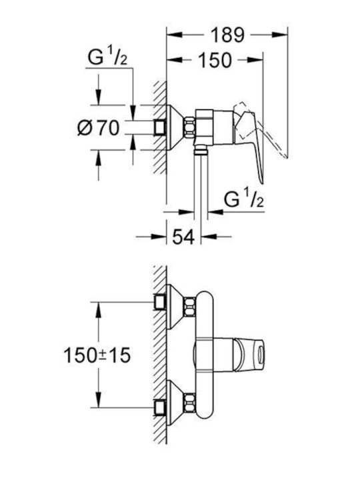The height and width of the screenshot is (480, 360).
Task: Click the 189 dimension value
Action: [x=228, y=35]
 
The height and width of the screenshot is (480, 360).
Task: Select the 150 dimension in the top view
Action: [x=215, y=60]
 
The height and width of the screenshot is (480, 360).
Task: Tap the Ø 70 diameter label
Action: [x=98, y=127]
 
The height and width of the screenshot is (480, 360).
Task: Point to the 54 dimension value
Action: [x=184, y=236]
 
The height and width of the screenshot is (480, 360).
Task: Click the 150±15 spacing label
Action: [x=97, y=355]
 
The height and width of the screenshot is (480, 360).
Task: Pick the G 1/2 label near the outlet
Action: [x=243, y=199]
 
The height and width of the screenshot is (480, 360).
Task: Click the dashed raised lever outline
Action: [x=260, y=129]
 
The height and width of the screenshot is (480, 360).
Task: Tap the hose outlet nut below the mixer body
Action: [x=201, y=149]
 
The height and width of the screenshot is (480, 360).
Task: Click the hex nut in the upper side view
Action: [x=189, y=127]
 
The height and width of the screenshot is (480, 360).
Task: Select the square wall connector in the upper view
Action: [x=159, y=127]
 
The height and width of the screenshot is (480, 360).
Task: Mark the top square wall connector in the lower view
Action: [x=159, y=302]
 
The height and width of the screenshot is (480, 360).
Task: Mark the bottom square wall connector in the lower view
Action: [x=159, y=407]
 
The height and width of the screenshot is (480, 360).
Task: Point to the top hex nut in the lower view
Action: [x=189, y=307]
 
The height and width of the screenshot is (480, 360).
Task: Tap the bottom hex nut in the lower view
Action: [x=189, y=403]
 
